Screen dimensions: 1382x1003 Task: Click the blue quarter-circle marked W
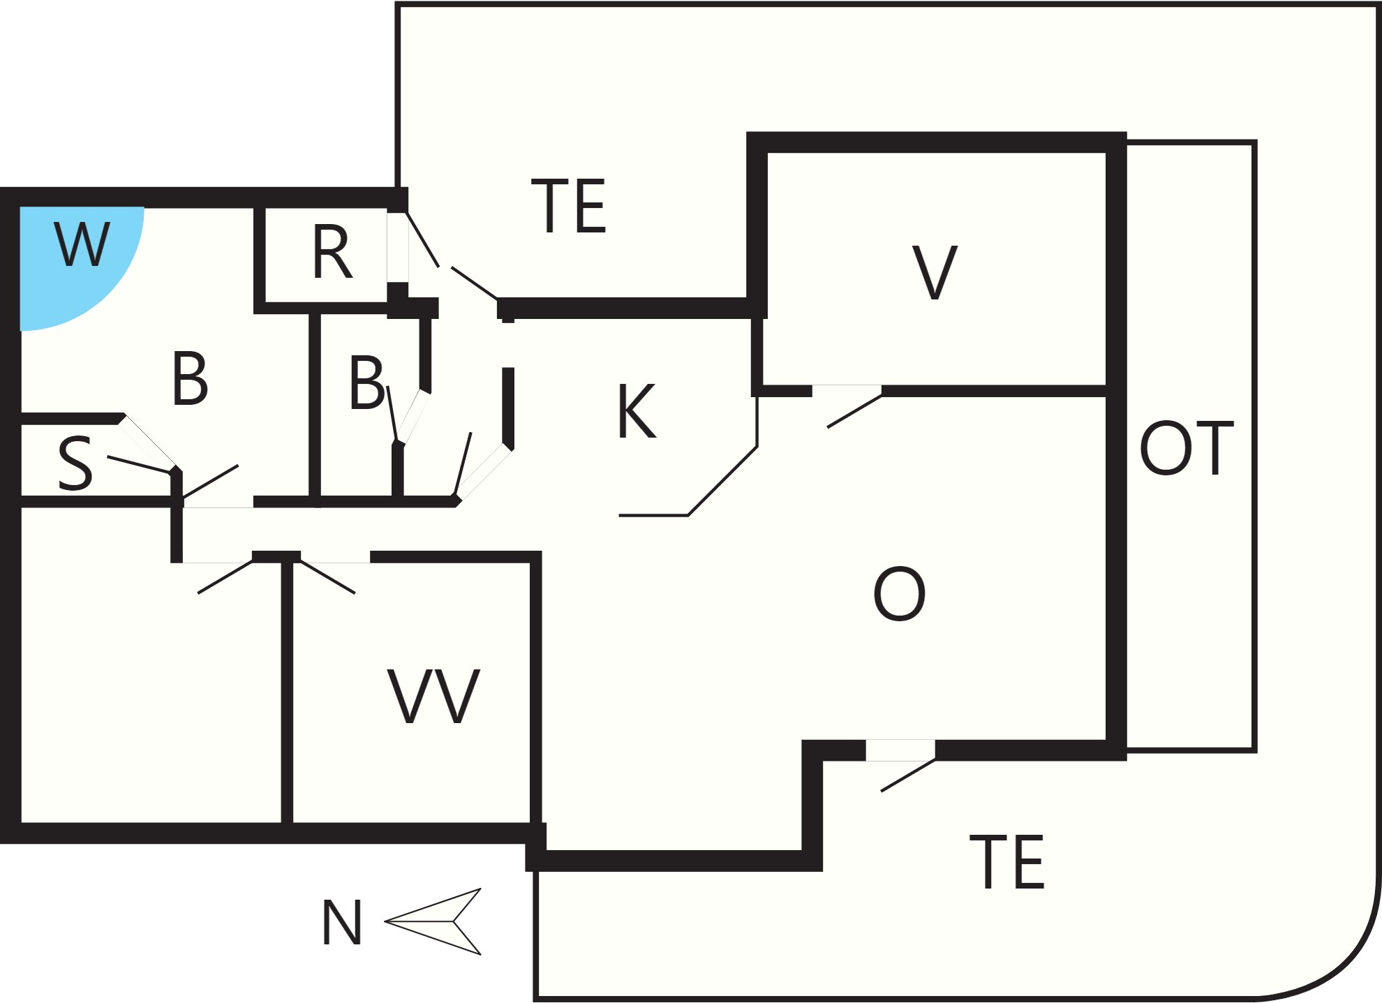[70, 258]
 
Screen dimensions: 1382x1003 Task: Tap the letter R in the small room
[332, 252]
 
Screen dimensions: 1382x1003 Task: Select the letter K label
[637, 411]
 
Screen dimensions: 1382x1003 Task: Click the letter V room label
[935, 273]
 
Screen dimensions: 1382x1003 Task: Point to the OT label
[1187, 448]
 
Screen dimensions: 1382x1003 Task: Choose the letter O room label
[899, 594]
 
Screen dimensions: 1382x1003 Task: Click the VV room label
[433, 697]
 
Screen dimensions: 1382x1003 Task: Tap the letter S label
[75, 463]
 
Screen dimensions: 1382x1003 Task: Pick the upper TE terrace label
[569, 207]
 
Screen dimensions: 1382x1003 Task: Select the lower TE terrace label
[1007, 862]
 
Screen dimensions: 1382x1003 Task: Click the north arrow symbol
[433, 921]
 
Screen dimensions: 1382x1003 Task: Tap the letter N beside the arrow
[341, 922]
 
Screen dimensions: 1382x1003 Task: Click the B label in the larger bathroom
[190, 378]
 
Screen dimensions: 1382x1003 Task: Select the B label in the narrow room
[366, 382]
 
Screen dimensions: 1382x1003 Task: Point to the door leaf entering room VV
[327, 577]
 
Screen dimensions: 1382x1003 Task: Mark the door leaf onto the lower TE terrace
[908, 775]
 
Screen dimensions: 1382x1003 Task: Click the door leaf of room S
[140, 465]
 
